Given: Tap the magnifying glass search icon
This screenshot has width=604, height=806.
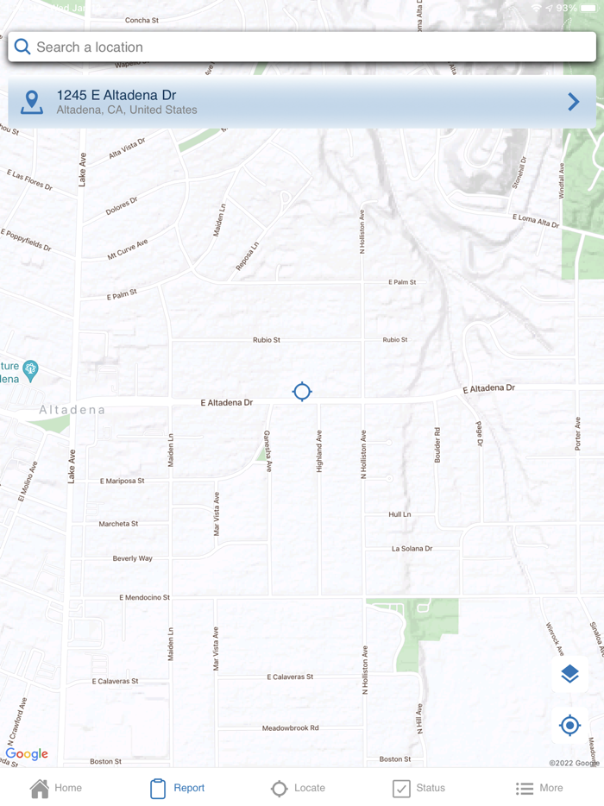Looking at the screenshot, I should click(x=22, y=47).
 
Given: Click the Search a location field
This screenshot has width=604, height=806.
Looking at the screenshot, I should click(x=302, y=47).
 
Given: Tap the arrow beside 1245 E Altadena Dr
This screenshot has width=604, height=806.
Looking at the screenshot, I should click(x=574, y=102).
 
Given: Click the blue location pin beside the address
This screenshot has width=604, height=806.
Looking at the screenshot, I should click(x=32, y=102).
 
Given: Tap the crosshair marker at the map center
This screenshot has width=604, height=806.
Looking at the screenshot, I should click(x=302, y=392).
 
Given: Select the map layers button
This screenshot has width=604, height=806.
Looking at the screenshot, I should click(x=569, y=674).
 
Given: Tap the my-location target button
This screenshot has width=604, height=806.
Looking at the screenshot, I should click(x=569, y=726).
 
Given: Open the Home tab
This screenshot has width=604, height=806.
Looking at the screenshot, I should click(x=56, y=788).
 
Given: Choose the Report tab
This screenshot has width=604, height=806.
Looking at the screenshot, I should click(x=177, y=788).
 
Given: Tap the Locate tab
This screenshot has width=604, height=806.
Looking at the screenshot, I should click(x=298, y=788).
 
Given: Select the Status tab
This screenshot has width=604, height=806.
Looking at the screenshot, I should click(x=418, y=788).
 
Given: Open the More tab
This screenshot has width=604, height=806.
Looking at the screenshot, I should click(x=539, y=788).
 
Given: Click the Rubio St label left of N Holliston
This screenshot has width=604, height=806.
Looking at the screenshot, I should click(x=267, y=340).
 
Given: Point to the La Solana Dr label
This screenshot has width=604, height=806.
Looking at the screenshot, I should click(x=412, y=549).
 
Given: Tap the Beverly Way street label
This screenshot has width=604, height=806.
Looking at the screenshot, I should click(x=133, y=559).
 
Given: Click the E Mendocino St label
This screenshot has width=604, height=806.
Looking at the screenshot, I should click(x=145, y=597).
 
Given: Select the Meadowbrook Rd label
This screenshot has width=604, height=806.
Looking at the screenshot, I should click(x=291, y=728).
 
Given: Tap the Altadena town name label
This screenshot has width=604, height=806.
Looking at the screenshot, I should click(x=72, y=410).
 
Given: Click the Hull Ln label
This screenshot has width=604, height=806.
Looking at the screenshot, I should click(x=400, y=514).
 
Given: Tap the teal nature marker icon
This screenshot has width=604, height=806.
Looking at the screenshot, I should click(x=31, y=371).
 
